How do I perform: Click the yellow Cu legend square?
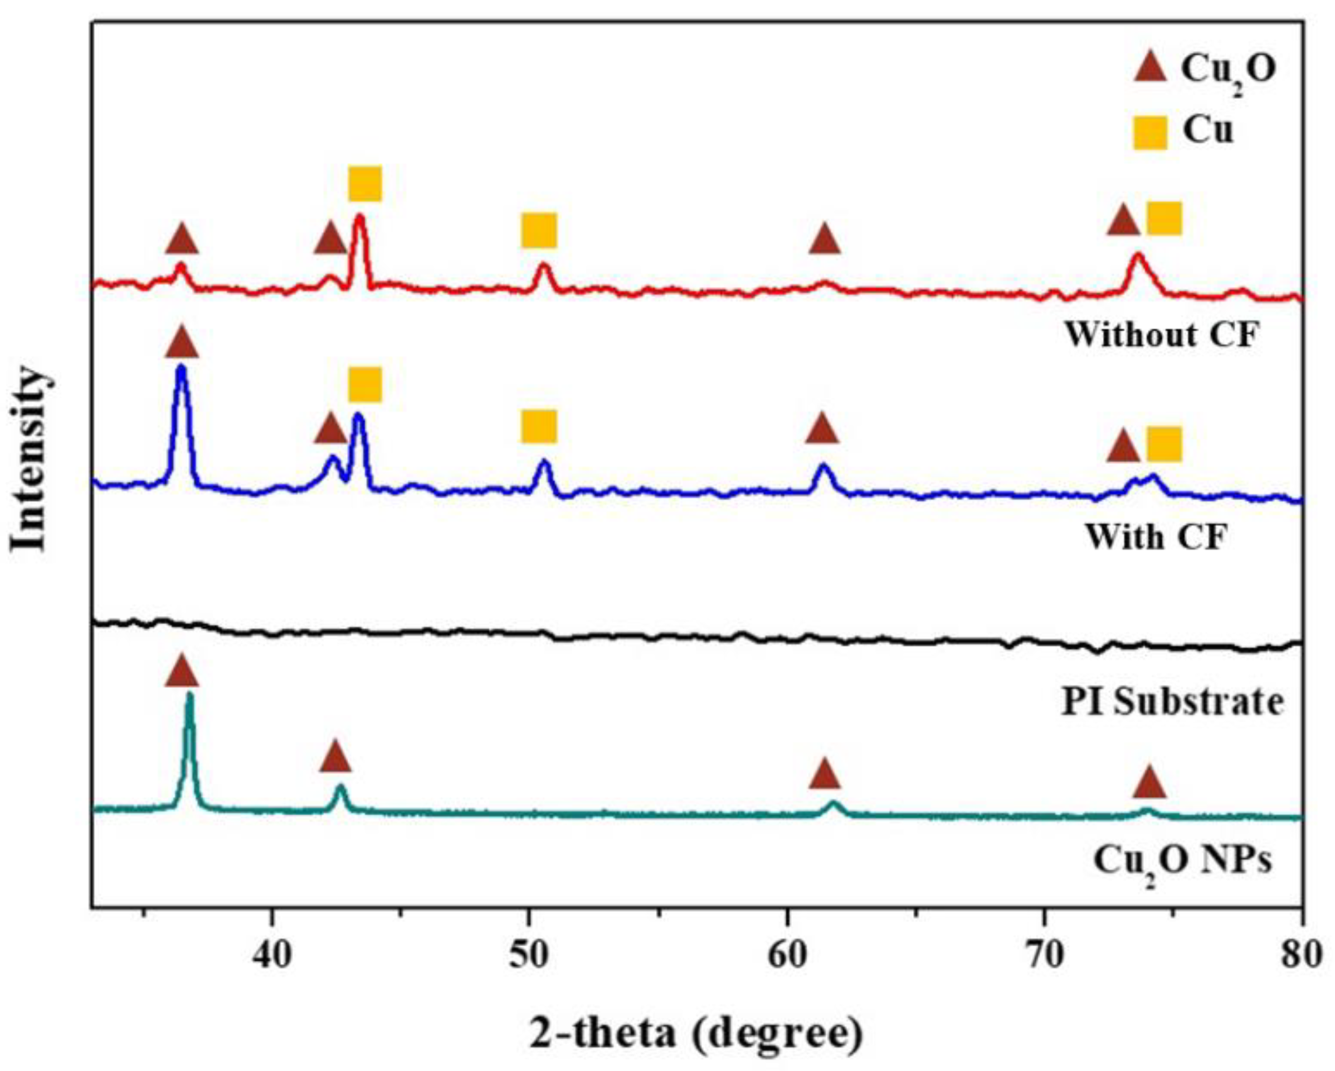coord(1150,133)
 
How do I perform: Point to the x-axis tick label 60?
coord(787,955)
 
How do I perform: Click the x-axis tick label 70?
coord(1045,955)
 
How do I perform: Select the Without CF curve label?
coord(1162,335)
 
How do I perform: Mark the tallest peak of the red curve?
coord(360,218)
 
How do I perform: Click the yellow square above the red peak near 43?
coord(365,183)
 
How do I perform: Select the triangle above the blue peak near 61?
coord(822,429)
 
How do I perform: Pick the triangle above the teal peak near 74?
coord(1149,782)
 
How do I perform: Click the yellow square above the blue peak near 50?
coord(539,426)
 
